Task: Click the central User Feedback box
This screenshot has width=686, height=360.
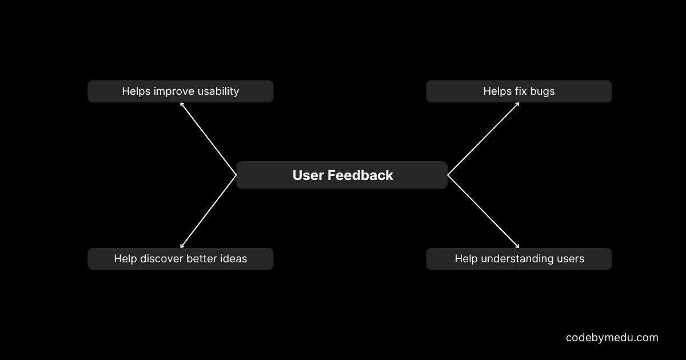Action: coord(342,175)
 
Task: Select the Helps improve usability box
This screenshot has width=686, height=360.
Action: coord(180,91)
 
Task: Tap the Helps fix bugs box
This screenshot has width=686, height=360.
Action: coord(519,91)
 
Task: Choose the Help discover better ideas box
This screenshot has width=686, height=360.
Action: coord(180,259)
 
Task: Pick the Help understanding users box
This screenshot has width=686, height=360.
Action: coord(519,259)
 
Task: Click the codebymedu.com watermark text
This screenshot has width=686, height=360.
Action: coord(612,338)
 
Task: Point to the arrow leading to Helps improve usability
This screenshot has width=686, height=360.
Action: coord(208,138)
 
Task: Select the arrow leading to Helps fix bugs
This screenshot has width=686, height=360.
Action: coord(483,138)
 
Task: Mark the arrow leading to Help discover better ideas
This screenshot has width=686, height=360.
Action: coord(208,211)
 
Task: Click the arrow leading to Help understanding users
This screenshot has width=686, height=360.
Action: coord(483,211)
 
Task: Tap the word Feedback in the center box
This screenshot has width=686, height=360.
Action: coord(360,175)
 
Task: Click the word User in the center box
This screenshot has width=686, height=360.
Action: coord(308,175)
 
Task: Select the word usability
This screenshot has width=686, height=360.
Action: coord(218,91)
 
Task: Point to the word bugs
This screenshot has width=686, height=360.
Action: coord(542,91)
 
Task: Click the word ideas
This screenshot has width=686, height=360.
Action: coord(234,259)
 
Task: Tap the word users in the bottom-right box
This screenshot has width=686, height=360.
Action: coord(570,259)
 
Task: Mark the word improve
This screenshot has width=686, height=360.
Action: coord(174,91)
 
